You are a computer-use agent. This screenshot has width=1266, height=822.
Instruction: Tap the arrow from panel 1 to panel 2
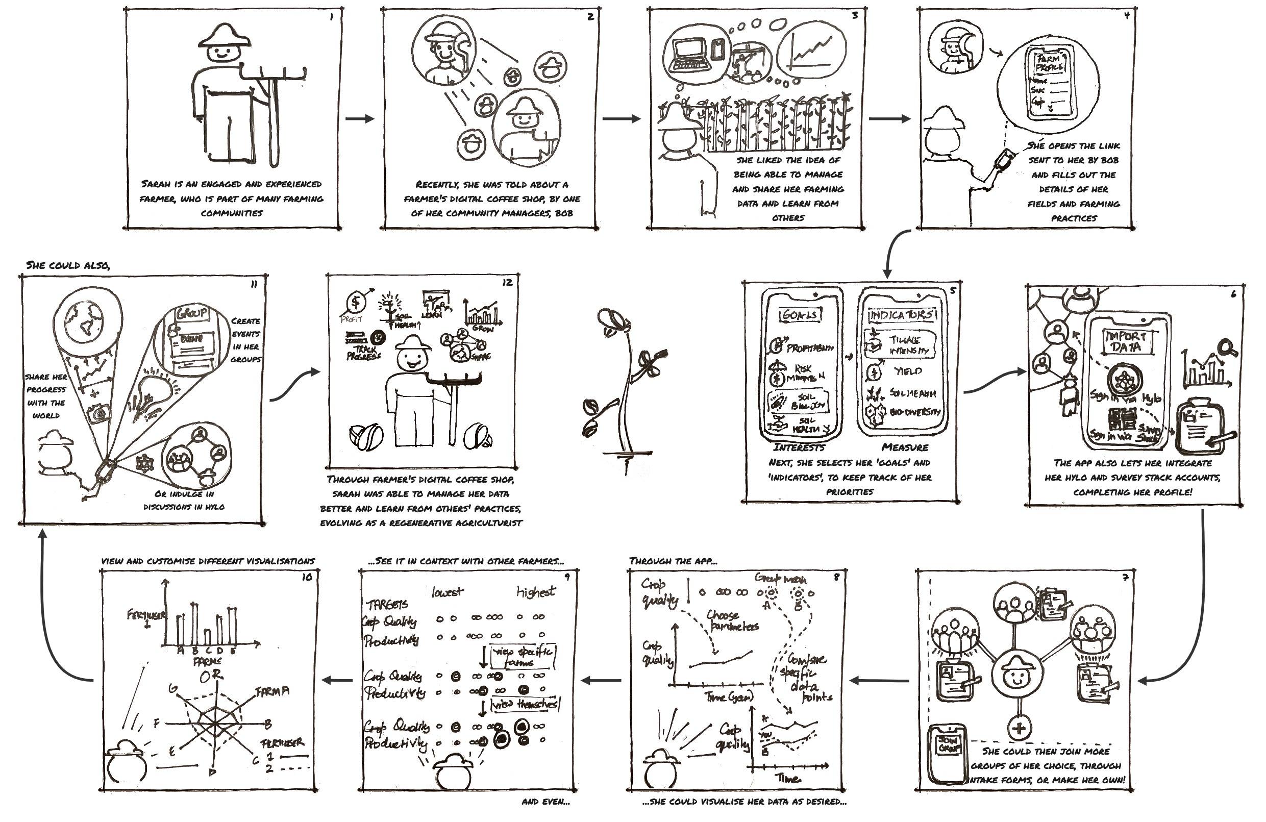click(x=360, y=119)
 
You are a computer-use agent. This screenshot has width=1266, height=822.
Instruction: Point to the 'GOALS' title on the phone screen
click(x=800, y=315)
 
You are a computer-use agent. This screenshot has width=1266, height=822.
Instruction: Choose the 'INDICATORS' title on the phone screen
click(x=901, y=315)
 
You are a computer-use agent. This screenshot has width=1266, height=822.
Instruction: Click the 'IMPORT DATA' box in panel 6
click(x=1126, y=342)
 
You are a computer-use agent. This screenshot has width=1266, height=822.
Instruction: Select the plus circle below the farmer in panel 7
click(x=1019, y=727)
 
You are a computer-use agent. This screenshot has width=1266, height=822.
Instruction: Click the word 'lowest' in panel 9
click(x=447, y=592)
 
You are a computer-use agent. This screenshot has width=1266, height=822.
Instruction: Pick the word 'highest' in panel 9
click(x=536, y=592)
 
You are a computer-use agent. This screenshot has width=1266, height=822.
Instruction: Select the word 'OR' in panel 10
click(x=211, y=677)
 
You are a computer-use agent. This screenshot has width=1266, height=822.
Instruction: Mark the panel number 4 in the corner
click(x=1126, y=16)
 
